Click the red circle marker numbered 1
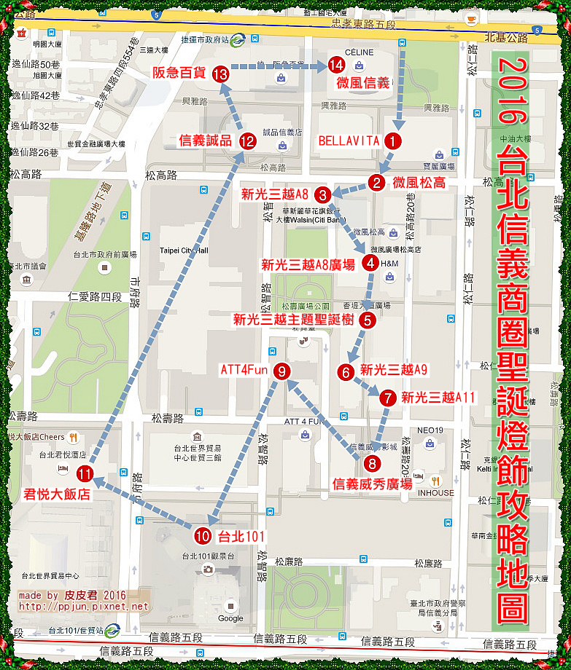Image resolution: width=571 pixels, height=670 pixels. (x=393, y=141)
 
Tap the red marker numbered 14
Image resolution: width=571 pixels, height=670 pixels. (x=335, y=65)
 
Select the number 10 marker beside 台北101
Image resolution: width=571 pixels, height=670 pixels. (x=203, y=536)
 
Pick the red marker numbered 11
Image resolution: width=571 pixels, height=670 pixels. (x=85, y=474)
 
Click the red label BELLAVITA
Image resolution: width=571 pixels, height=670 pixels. (x=348, y=141)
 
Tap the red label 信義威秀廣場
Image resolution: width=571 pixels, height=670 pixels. (x=372, y=483)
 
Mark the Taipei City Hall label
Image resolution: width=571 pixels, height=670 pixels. (x=184, y=251)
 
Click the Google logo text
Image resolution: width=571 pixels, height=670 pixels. (x=230, y=618)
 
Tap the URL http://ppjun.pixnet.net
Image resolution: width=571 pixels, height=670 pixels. (x=83, y=606)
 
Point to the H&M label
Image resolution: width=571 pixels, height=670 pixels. (x=389, y=263)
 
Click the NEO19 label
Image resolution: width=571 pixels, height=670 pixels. (x=430, y=430)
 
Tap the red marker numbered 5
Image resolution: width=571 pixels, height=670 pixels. (x=368, y=319)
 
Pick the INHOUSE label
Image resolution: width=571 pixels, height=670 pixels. (x=435, y=492)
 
